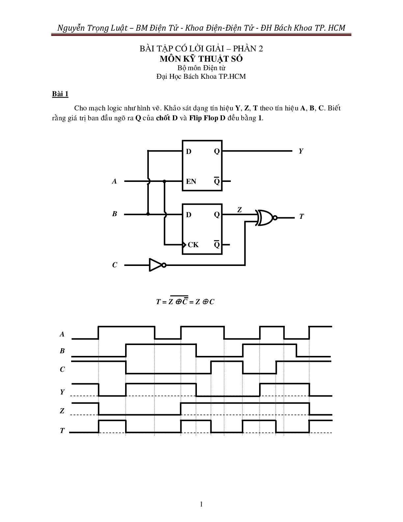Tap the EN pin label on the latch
(191, 182)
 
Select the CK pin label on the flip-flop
(193, 245)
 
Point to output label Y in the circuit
(301, 151)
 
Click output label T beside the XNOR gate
(301, 217)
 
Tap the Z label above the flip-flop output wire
(239, 210)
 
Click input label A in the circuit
(114, 181)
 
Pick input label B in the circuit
(114, 214)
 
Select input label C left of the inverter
(114, 265)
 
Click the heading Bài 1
(60, 94)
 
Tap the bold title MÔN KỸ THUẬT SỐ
(201, 59)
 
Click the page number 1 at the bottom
(201, 504)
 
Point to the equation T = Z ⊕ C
(185, 301)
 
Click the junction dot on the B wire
(148, 214)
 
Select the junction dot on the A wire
(164, 181)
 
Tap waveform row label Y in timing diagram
(62, 392)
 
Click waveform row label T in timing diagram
(62, 431)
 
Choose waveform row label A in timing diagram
(62, 334)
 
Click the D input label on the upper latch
(189, 152)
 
